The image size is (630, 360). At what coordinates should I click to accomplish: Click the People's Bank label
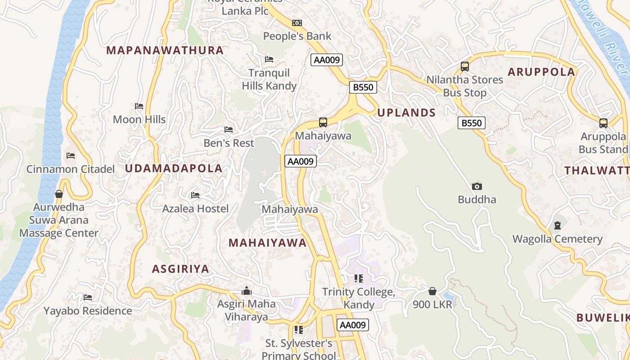pyautogui.click(x=297, y=36)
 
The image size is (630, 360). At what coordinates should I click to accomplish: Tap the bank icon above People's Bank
pyautogui.click(x=297, y=23)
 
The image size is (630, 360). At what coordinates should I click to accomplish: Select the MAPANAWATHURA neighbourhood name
pyautogui.click(x=165, y=50)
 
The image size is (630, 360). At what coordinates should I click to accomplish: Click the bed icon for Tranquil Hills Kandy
pyautogui.click(x=269, y=59)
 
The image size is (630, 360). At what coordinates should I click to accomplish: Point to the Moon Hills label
pyautogui.click(x=139, y=120)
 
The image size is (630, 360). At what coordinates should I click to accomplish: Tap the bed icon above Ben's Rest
pyautogui.click(x=229, y=130)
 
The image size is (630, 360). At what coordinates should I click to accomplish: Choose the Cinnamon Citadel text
pyautogui.click(x=71, y=169)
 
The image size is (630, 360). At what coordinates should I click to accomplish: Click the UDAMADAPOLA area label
pyautogui.click(x=174, y=169)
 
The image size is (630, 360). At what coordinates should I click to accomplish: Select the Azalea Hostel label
pyautogui.click(x=195, y=209)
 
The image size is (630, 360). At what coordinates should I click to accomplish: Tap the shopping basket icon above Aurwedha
pyautogui.click(x=58, y=194)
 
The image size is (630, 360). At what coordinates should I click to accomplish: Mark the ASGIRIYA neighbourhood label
pyautogui.click(x=180, y=269)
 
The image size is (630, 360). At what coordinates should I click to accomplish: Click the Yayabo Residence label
pyautogui.click(x=88, y=311)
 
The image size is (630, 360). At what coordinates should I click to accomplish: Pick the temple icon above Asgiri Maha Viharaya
pyautogui.click(x=246, y=291)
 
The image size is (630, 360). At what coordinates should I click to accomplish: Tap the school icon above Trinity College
pyautogui.click(x=358, y=279)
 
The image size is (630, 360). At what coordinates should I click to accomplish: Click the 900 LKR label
pyautogui.click(x=432, y=305)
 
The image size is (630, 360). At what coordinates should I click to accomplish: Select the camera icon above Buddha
pyautogui.click(x=477, y=186)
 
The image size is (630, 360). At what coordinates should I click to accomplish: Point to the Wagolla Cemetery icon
pyautogui.click(x=558, y=225)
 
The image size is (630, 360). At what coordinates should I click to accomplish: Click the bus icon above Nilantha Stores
pyautogui.click(x=465, y=67)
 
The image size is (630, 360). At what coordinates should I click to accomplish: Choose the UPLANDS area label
pyautogui.click(x=406, y=113)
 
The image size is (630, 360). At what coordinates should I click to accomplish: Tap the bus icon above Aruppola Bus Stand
pyautogui.click(x=603, y=123)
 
